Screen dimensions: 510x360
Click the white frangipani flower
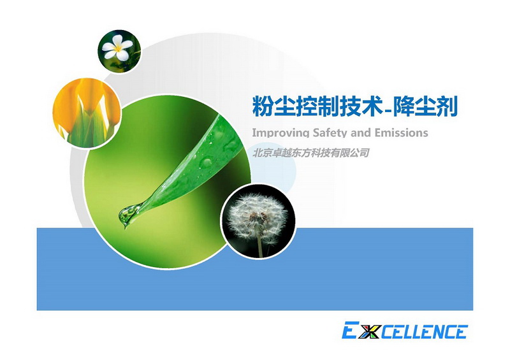pos(117,48)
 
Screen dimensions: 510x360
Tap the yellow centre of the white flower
pos(118,48)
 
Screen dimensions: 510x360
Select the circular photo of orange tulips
pos(87,113)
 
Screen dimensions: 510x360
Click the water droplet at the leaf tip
pos(127,215)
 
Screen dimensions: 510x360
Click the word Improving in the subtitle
pos(280,133)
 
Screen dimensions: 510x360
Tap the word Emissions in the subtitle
pos(402,133)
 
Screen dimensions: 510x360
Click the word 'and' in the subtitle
pos(361,133)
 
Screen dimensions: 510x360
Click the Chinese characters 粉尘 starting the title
pos(273,106)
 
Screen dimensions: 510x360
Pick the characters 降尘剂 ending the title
pos(425,106)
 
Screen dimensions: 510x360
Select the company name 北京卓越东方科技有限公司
pos(310,152)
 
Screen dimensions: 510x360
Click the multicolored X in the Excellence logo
pos(370,331)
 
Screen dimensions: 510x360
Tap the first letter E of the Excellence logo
pos(351,330)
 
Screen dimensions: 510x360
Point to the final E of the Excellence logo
pos(460,332)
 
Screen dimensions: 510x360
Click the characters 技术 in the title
pos(360,106)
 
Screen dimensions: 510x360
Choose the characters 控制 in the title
pos(317,106)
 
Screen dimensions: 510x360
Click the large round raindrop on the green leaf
pos(207,162)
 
